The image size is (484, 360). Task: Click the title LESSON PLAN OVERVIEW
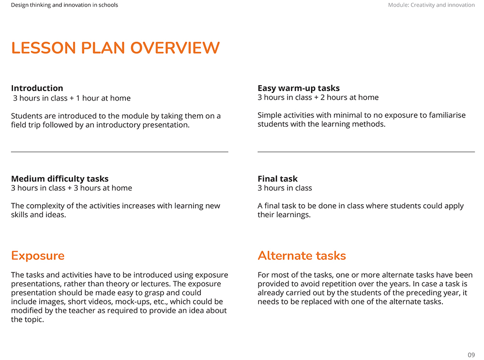pyautogui.click(x=116, y=48)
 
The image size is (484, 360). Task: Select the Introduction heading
pyautogui.click(x=37, y=88)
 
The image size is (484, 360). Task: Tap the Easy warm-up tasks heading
pyautogui.click(x=299, y=88)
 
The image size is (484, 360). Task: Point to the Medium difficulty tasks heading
pyautogui.click(x=60, y=179)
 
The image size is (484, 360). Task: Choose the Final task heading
pyautogui.click(x=277, y=179)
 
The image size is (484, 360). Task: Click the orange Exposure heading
pyautogui.click(x=38, y=256)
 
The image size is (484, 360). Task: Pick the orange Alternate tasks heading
pyautogui.click(x=302, y=255)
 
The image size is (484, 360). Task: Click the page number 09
pyautogui.click(x=471, y=355)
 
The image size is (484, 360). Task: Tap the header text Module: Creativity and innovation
pyautogui.click(x=431, y=5)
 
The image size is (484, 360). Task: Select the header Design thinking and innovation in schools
pyautogui.click(x=64, y=5)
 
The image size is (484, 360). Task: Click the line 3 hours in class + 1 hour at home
pyautogui.click(x=72, y=98)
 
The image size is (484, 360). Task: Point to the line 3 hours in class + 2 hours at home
pyautogui.click(x=318, y=97)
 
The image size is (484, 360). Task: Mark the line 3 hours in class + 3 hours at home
pyautogui.click(x=71, y=188)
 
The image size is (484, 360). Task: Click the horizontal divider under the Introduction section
pyautogui.click(x=120, y=152)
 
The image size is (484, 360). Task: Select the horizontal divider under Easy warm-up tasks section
pyautogui.click(x=366, y=152)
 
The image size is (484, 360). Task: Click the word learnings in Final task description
pyautogui.click(x=291, y=215)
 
